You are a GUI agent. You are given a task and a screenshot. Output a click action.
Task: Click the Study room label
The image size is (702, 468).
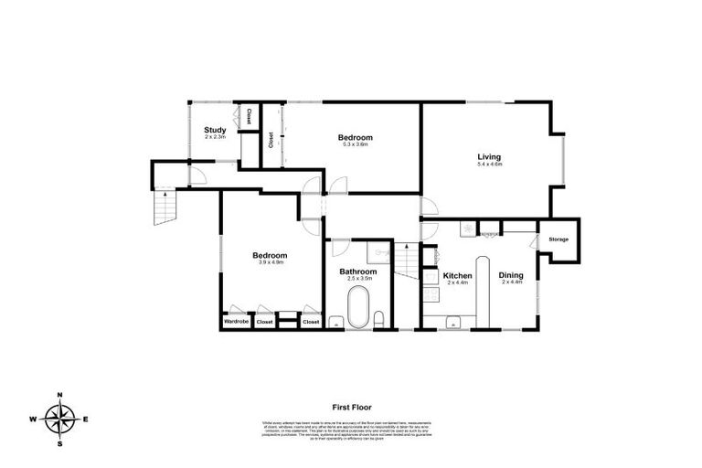tap(215, 130)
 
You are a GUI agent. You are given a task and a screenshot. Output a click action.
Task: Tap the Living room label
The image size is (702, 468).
tap(489, 157)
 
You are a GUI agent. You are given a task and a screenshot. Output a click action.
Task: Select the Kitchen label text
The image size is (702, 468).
tap(457, 275)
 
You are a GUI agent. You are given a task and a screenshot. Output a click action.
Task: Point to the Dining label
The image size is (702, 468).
tap(511, 275)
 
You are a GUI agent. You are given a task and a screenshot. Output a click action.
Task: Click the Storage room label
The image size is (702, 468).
tap(558, 239)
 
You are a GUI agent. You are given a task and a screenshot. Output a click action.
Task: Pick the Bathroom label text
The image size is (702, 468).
tap(357, 271)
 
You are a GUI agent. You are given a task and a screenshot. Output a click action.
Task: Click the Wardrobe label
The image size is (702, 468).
tap(235, 322)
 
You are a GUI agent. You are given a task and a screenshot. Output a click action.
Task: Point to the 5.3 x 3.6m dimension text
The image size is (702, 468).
tap(356, 144)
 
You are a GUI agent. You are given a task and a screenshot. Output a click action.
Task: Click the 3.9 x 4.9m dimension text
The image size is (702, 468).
tap(271, 262)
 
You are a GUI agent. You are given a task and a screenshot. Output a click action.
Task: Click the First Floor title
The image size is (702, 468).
tap(351, 408)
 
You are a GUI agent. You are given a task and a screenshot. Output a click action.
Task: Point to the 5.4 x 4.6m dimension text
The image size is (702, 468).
tap(489, 165)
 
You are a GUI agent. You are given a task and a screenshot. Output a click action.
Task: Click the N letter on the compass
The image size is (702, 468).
tap(59, 395)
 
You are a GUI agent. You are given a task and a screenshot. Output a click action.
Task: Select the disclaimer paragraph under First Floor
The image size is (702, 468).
tap(351, 430)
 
